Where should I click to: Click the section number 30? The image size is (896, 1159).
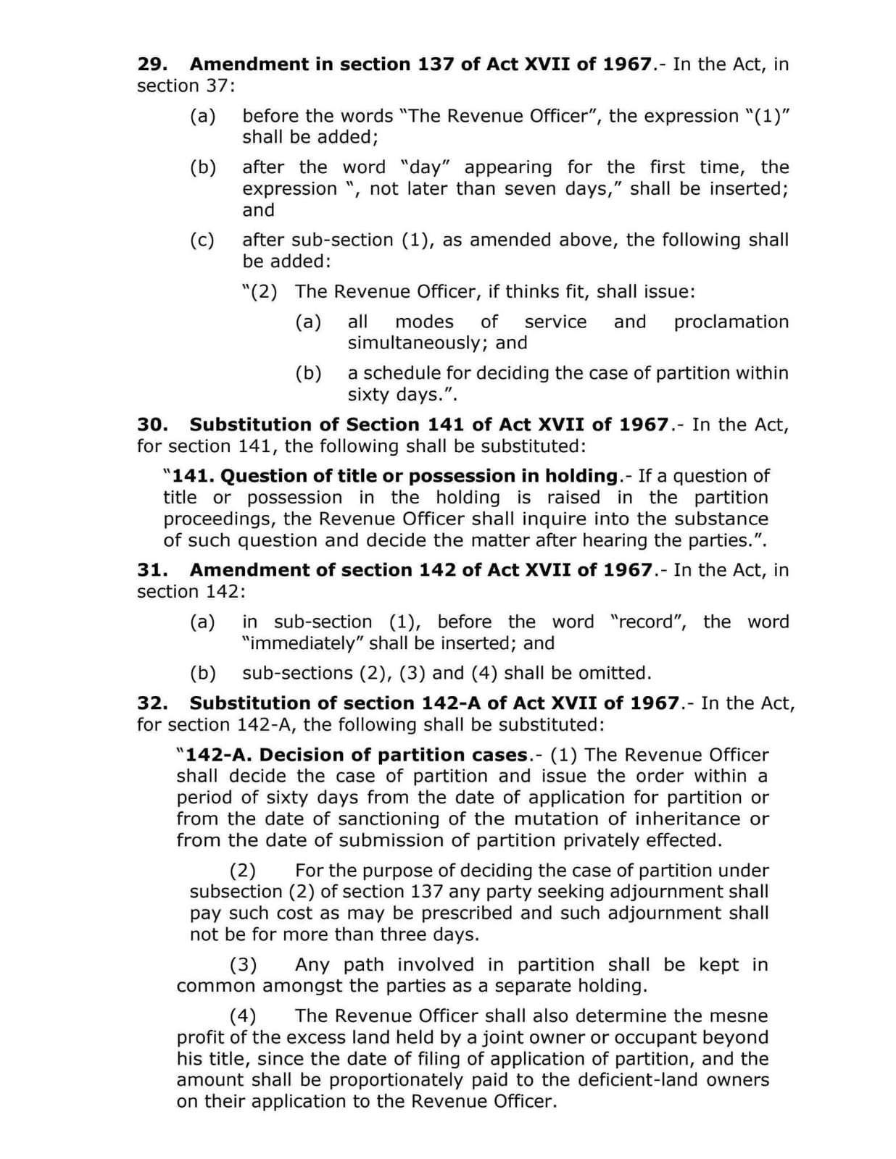pyautogui.click(x=152, y=424)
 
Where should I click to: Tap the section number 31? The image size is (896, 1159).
pyautogui.click(x=152, y=570)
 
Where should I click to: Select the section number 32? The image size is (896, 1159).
pyautogui.click(x=152, y=703)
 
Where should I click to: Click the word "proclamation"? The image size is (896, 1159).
pyautogui.click(x=731, y=322)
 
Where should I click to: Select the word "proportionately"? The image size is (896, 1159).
pyautogui.click(x=407, y=1080)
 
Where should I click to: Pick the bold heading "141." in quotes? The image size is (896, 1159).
pyautogui.click(x=192, y=476)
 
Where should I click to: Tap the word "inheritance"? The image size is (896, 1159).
pyautogui.click(x=688, y=819)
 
